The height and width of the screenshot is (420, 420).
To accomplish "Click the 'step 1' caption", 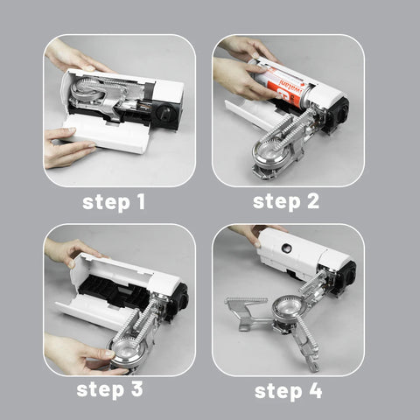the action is [114, 202].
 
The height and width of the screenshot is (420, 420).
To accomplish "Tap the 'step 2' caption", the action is [286, 202].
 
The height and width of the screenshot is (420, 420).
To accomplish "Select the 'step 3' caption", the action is [109, 389].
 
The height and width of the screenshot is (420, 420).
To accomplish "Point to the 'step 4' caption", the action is [289, 391].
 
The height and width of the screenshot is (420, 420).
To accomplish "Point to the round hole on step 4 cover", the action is [286, 248].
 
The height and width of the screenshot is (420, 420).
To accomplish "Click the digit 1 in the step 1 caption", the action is [141, 202].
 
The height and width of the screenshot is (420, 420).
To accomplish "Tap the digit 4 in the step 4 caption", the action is [316, 391].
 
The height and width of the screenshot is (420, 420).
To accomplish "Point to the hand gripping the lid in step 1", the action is [67, 146].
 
